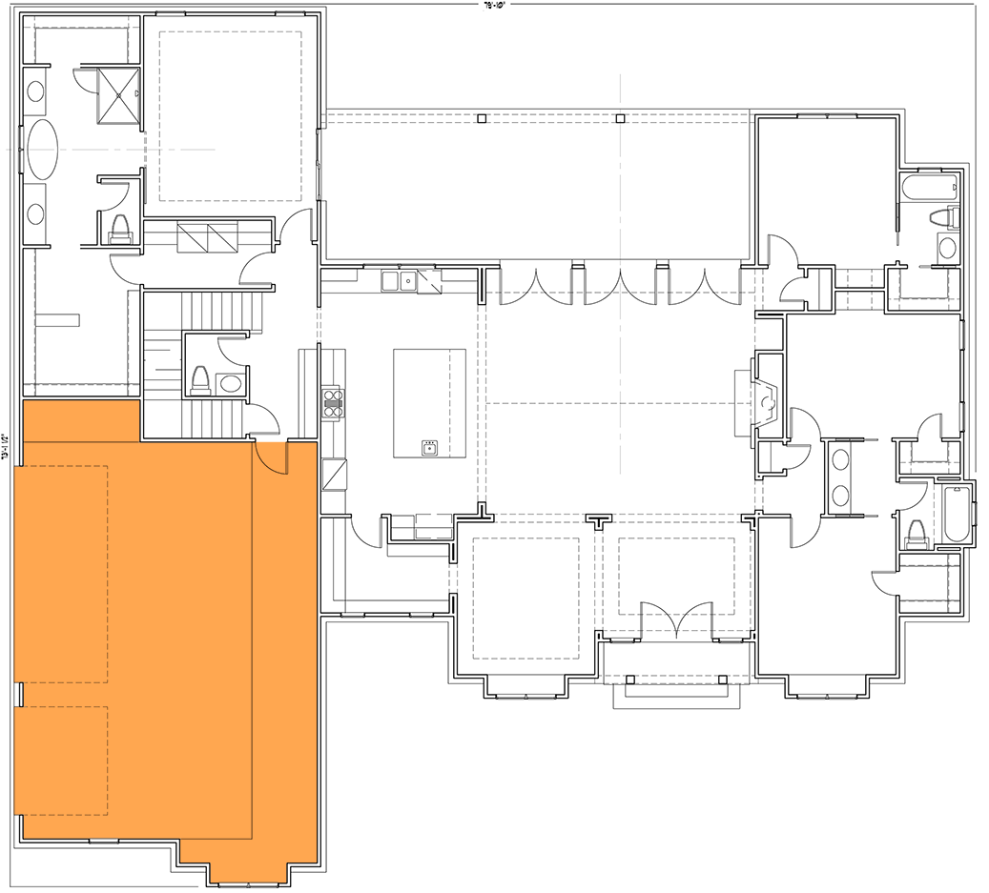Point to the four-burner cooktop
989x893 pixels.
coord(332,402)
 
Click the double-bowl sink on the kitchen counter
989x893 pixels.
coord(400,280)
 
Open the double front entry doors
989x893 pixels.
coord(675,620)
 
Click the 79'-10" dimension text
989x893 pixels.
coord(494,5)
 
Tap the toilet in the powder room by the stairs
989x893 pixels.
coord(200,380)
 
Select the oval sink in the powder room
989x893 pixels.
coord(231,384)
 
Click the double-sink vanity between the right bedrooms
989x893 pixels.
coord(840,477)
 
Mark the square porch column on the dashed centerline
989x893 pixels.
coord(621,118)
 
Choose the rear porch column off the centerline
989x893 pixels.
coord(483,118)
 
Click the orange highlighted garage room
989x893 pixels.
coord(162,639)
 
